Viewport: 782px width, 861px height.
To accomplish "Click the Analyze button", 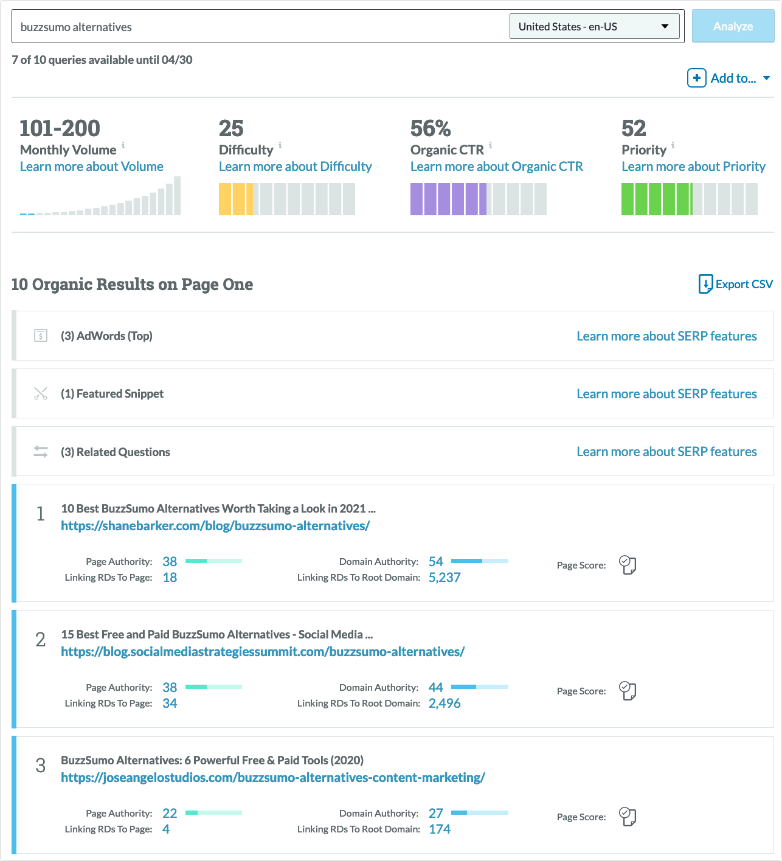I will (733, 27).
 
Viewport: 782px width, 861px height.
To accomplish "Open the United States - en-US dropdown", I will (594, 27).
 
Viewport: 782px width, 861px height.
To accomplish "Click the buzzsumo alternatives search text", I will (76, 27).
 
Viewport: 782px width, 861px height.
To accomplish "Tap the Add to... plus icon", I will (696, 78).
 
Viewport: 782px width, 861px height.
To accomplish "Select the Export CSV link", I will (736, 284).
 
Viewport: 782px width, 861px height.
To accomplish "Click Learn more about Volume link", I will (91, 167).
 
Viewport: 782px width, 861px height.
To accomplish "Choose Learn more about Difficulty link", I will (295, 167).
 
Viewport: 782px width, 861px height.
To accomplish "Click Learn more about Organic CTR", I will (496, 167).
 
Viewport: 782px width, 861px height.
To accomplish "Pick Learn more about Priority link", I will (693, 167).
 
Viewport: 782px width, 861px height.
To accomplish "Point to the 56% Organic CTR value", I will (431, 128).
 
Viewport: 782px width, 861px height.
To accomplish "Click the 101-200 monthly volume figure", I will (60, 128).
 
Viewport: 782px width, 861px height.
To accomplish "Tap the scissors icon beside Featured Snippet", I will (41, 394).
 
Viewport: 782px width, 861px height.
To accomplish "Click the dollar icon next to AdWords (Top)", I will (41, 336).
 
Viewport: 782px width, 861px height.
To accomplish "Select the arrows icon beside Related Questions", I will (41, 452).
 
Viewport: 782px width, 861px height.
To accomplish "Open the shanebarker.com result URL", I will (215, 526).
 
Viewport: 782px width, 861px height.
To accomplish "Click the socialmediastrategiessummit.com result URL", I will (263, 652).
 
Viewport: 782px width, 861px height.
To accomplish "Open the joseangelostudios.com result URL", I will (273, 778).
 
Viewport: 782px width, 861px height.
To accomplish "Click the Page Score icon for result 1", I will (628, 565).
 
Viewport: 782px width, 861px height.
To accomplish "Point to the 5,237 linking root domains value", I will (445, 578).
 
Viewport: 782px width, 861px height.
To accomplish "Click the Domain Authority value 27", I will (436, 814).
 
